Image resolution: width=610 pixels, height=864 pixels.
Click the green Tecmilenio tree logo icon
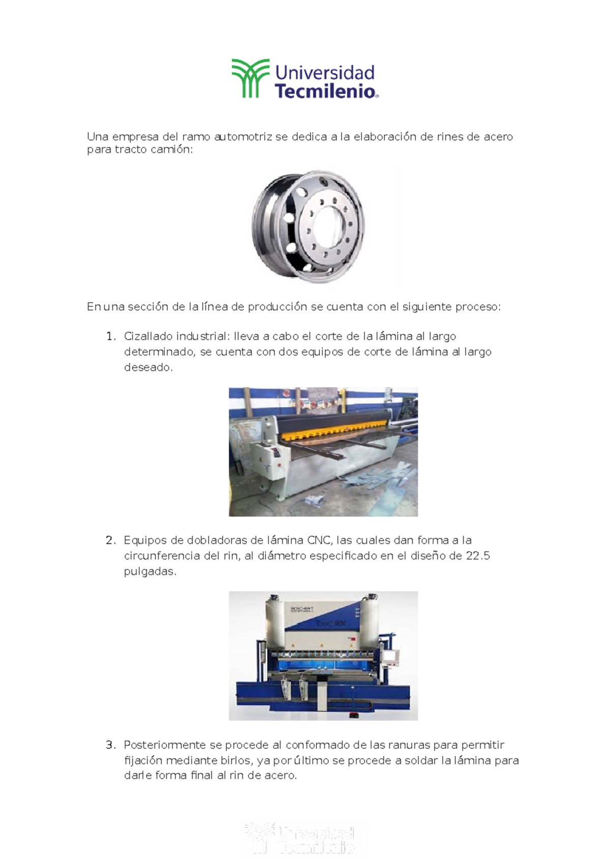[250, 78]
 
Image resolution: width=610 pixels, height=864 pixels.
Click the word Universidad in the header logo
[324, 73]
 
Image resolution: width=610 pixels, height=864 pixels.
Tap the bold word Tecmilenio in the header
[325, 92]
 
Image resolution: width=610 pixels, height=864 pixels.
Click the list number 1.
[110, 336]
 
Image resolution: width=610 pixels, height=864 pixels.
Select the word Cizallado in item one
[148, 336]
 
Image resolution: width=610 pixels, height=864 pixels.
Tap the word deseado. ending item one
[148, 367]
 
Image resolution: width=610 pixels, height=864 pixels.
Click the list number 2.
[110, 540]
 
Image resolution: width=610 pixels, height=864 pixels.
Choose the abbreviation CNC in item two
[319, 540]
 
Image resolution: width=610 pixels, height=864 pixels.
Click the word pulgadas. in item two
[150, 571]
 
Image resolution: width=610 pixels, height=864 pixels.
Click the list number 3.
[110, 745]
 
